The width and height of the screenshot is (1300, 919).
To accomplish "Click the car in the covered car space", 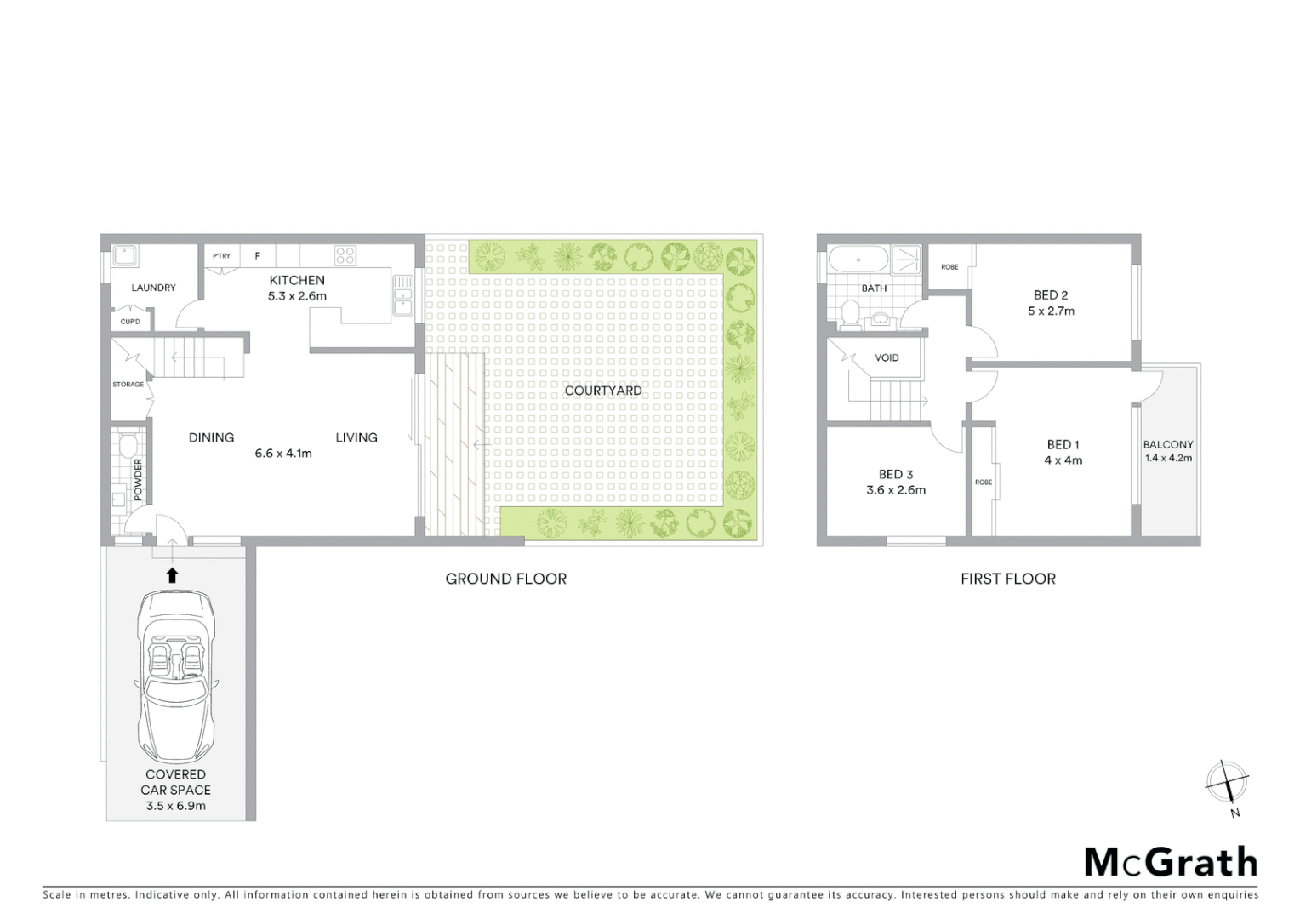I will coord(175,676).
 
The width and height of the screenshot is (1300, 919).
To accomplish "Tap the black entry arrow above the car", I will coord(172,575).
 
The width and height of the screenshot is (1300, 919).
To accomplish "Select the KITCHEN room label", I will coord(297,280).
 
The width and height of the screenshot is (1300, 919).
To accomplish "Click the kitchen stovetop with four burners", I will coord(345,255).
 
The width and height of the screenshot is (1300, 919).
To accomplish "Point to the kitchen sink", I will coord(402,294).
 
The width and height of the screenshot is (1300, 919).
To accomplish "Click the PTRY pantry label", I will coord(221,255).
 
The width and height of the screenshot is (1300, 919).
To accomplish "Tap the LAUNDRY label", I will coord(153,288).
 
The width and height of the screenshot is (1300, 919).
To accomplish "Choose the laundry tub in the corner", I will coord(124,256).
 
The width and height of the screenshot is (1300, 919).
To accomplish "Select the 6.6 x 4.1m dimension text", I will coord(283,454).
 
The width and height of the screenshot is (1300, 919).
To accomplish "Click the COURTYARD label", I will coord(603,391).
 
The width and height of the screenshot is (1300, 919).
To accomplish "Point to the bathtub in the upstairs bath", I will coord(858,258).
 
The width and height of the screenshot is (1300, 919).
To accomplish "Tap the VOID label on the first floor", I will coord(887,357).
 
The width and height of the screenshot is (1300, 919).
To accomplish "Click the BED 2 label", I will coord(1051,295).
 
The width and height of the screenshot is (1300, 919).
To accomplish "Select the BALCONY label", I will coord(1168,444).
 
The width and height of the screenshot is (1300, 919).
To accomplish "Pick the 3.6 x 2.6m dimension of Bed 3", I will coord(896,490).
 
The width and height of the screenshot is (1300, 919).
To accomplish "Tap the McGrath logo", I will coord(1170,862).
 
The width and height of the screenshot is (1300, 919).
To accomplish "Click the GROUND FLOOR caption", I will coord(505,579).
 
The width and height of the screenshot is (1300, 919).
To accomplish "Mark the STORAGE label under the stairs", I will coord(128,385).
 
